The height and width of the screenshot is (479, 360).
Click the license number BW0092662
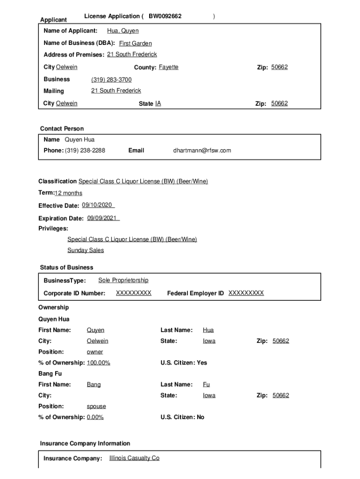point(165,16)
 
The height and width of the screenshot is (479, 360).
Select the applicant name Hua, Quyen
point(122,31)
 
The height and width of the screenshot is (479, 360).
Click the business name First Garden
point(135,44)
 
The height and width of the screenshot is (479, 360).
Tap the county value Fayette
point(168,67)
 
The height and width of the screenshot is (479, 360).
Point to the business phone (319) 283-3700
point(111,80)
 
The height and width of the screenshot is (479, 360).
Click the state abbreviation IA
point(158,104)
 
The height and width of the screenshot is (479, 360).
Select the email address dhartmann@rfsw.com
point(202,151)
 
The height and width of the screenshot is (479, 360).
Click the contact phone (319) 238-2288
point(85,151)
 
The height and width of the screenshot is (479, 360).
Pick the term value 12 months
point(68,193)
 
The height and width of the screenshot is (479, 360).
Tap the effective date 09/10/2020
point(97,205)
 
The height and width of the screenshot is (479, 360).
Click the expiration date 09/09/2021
point(102,218)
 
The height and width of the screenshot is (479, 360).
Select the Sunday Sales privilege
point(86,250)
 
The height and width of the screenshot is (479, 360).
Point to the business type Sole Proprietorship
point(123,280)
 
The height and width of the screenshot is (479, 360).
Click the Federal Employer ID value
point(246,293)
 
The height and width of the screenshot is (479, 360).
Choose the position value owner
point(95,352)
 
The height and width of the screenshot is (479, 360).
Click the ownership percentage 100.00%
point(98,363)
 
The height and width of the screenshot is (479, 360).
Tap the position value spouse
point(96,406)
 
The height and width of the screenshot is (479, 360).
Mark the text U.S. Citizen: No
point(182,417)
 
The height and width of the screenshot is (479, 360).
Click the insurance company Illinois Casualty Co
point(134,458)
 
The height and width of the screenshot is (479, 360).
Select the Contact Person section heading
point(62,129)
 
